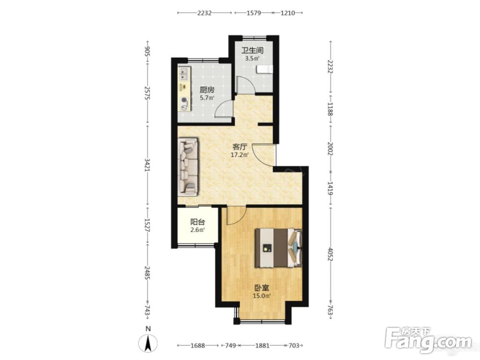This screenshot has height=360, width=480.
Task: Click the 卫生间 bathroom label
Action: tap(252, 50)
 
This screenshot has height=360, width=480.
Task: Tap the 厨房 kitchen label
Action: tap(207, 90)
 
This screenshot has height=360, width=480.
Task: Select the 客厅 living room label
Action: tap(240, 147)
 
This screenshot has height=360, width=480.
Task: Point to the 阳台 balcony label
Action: tap(198, 222)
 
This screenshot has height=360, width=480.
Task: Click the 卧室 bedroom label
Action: tap(262, 288)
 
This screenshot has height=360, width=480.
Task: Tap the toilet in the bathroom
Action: tap(264, 70)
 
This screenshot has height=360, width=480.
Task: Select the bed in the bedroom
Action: tap(278, 248)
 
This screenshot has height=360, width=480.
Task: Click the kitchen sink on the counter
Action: tap(184, 73)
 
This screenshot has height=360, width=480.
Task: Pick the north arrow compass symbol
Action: tap(148, 342)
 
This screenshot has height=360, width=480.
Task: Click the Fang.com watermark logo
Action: tap(429, 340)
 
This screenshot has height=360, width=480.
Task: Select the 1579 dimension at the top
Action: tap(253, 13)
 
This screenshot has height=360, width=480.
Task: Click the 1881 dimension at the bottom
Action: tap(262, 346)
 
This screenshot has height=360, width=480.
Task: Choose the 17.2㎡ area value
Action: tap(240, 155)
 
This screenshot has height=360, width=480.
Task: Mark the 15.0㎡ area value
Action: tap(262, 296)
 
